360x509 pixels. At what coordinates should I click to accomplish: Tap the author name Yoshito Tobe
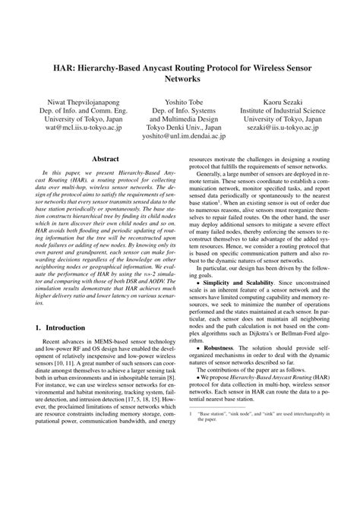click(179, 100)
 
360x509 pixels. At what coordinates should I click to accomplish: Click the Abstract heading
click(104, 160)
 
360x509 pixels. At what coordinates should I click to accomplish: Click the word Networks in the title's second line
click(179, 79)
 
